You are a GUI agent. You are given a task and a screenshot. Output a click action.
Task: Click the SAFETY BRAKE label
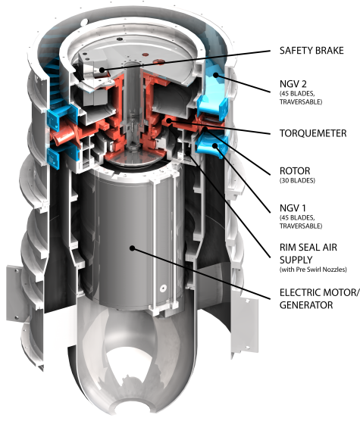(x=311, y=51)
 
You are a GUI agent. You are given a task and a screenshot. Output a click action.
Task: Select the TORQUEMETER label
(x=313, y=133)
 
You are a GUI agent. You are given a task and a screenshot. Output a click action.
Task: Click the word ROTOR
(x=295, y=171)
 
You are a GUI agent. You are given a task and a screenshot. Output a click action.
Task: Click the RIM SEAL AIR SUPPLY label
(x=308, y=254)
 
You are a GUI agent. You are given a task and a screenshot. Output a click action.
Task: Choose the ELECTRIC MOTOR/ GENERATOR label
(x=319, y=298)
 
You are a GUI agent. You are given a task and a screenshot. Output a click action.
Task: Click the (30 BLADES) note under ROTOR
(x=297, y=180)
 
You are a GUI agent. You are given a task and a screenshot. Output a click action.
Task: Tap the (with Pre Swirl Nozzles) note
(x=313, y=270)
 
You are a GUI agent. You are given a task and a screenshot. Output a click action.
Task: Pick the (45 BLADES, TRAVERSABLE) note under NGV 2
(x=301, y=98)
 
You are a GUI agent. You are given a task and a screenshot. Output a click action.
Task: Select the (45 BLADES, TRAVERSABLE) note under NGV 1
(x=301, y=222)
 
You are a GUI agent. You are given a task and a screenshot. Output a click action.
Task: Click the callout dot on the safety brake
(x=102, y=70)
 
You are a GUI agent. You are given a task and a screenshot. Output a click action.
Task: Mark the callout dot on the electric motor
(x=132, y=248)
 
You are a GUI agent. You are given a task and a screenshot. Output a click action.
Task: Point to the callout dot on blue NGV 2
(x=215, y=75)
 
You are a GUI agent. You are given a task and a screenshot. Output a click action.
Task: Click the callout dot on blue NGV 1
(x=215, y=146)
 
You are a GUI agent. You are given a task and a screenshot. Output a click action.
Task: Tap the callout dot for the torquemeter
(x=169, y=120)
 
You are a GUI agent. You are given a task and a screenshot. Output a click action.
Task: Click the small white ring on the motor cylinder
(x=163, y=288)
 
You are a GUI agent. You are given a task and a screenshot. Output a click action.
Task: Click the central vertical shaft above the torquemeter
(x=132, y=89)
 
